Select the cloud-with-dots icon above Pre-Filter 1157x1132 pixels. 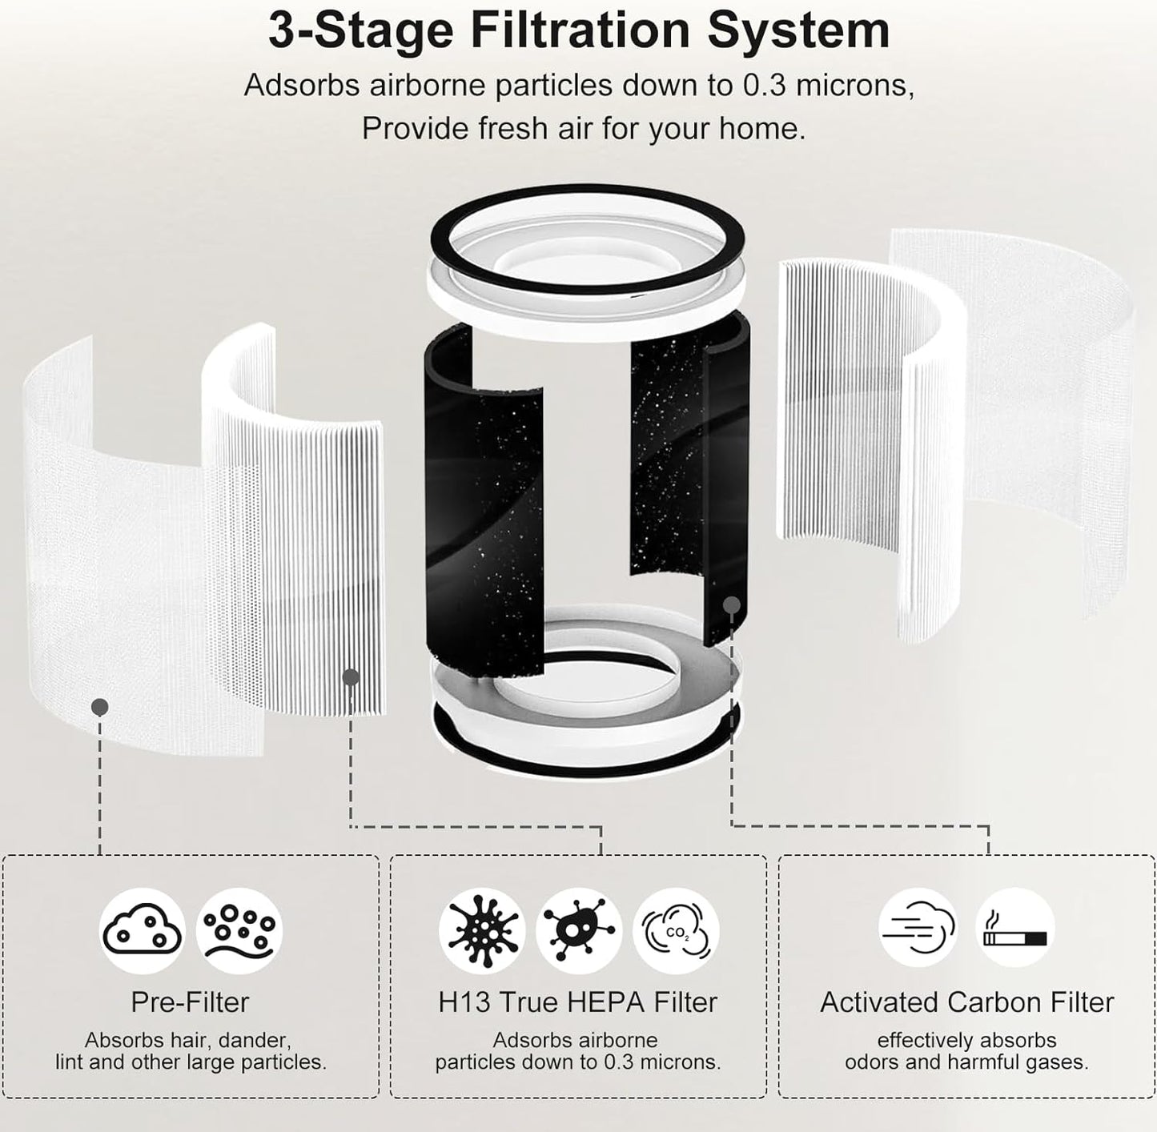[142, 931]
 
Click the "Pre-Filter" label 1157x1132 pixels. [191, 1002]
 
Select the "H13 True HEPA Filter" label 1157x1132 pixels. [578, 1002]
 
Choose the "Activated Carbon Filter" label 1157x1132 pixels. [966, 1002]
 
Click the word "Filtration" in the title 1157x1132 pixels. [581, 30]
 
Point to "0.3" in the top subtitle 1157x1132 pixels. [764, 85]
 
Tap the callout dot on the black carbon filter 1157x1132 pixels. [731, 605]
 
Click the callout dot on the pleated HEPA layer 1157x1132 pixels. [351, 677]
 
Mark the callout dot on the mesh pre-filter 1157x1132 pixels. [100, 707]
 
